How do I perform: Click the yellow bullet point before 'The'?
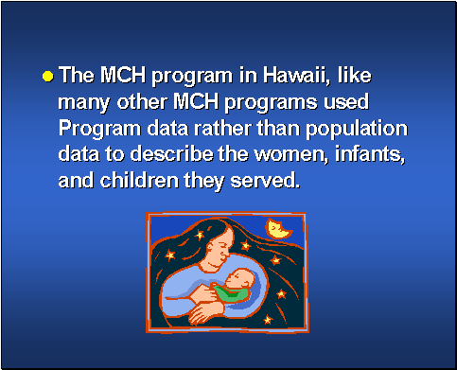point(46,75)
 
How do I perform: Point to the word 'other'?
point(143,101)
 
